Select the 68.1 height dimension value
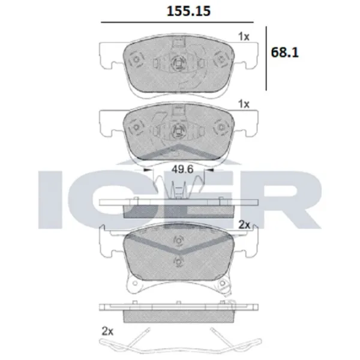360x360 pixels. (285, 52)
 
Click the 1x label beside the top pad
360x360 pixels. (243, 36)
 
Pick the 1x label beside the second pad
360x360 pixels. (243, 104)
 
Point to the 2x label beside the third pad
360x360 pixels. (244, 224)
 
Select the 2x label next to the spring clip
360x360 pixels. (107, 331)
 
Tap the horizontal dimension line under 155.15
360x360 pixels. (180, 23)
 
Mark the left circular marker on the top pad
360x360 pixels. (134, 61)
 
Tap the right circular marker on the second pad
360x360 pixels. (220, 128)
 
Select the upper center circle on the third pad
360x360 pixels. (177, 241)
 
